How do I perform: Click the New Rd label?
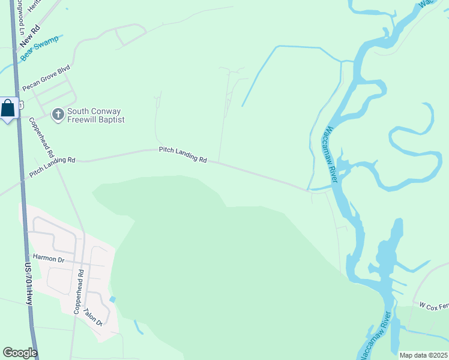point(29,35)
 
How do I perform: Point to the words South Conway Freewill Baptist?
point(95,115)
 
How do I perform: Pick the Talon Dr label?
point(94,317)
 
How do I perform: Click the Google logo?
point(20,353)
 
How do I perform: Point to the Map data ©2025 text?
point(423,355)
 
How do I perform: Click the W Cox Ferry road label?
point(433,306)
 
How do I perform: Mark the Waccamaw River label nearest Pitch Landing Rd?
point(332,154)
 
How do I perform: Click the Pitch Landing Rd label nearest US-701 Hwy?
point(52,167)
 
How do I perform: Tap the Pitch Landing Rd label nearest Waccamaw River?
point(182,155)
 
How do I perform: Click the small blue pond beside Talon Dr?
point(112,299)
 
